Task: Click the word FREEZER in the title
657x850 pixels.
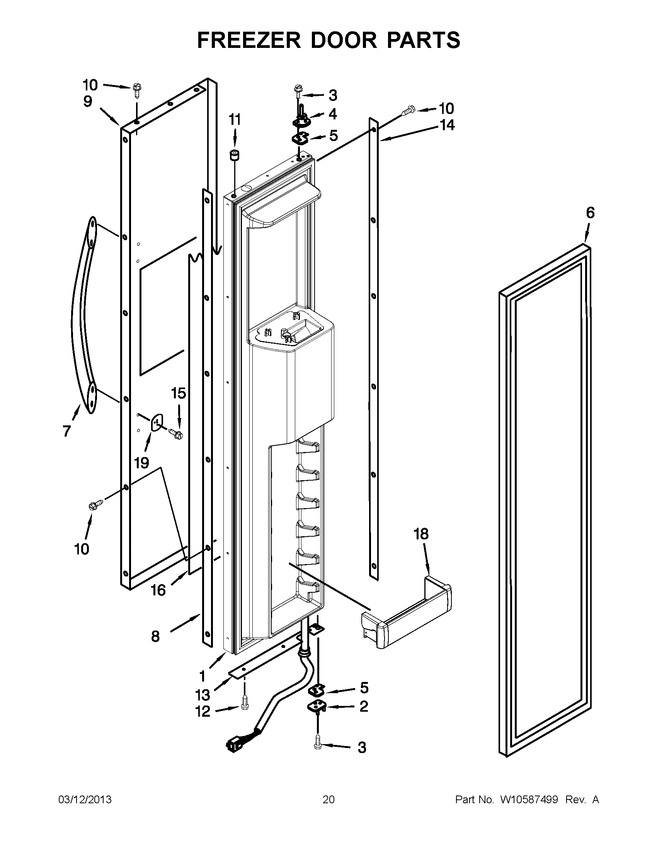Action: (x=249, y=40)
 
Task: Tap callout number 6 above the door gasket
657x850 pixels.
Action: (x=590, y=213)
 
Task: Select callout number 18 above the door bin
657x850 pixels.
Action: (x=421, y=534)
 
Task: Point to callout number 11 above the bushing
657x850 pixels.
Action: (x=234, y=120)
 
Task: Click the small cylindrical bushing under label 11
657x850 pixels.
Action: (x=235, y=156)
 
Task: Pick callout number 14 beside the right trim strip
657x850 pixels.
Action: (x=447, y=125)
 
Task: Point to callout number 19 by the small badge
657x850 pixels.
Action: (x=142, y=463)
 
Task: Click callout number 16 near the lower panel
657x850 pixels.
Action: (x=158, y=590)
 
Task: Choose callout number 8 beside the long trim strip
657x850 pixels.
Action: (x=155, y=636)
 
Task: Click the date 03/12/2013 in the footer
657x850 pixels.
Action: (x=85, y=800)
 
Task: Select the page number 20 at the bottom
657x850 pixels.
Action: (x=328, y=800)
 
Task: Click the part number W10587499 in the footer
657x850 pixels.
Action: (x=529, y=800)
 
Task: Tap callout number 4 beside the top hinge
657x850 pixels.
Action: (x=332, y=114)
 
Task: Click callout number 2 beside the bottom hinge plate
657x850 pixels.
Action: (x=364, y=706)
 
